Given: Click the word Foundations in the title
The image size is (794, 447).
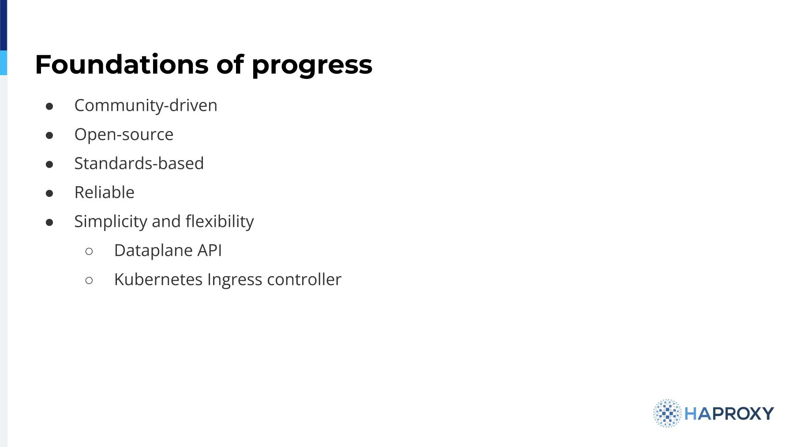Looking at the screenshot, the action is coord(122,64).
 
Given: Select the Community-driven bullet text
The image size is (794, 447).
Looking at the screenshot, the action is coord(146,106).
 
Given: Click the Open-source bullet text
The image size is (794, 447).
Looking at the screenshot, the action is coord(124,135).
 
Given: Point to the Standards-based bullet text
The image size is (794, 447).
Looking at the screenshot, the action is coord(139,163).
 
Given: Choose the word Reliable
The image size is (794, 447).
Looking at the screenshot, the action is coord(105,192).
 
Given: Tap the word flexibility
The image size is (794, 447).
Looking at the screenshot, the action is coord(220,222).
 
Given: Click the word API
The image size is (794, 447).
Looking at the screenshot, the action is coord(210,250).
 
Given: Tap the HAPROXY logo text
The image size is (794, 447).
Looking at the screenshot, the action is coord(729,413).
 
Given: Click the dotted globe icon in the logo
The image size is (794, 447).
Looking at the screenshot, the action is coord(667,413).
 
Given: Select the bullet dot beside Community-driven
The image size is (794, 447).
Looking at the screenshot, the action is coord(49,106).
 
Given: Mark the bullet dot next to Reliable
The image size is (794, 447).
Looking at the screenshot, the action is coord(49,193).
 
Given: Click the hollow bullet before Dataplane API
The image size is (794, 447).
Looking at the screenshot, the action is coord(89,252).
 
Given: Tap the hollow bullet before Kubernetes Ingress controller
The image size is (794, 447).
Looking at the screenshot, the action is coord(89,280).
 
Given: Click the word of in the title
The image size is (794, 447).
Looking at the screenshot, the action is coord(230,64).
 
